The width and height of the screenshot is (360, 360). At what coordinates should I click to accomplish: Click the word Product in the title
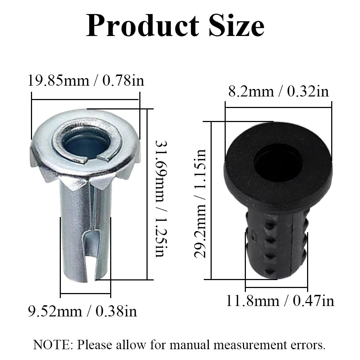(x=143, y=26)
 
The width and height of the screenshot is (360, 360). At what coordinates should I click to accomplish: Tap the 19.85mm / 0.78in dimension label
(x=86, y=80)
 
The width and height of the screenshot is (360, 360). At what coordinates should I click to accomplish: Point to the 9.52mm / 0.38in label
(x=83, y=310)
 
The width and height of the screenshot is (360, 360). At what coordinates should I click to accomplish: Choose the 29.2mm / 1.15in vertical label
(x=200, y=203)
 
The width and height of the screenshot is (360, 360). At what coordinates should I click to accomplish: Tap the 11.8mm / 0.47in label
(x=280, y=301)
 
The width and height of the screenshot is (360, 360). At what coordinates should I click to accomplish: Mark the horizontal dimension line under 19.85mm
(x=85, y=100)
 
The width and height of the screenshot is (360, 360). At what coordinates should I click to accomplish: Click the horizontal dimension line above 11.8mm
(x=276, y=287)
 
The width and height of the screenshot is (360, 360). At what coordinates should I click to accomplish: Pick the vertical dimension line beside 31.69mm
(x=147, y=194)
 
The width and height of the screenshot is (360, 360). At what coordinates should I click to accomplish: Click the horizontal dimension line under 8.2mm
(x=278, y=107)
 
